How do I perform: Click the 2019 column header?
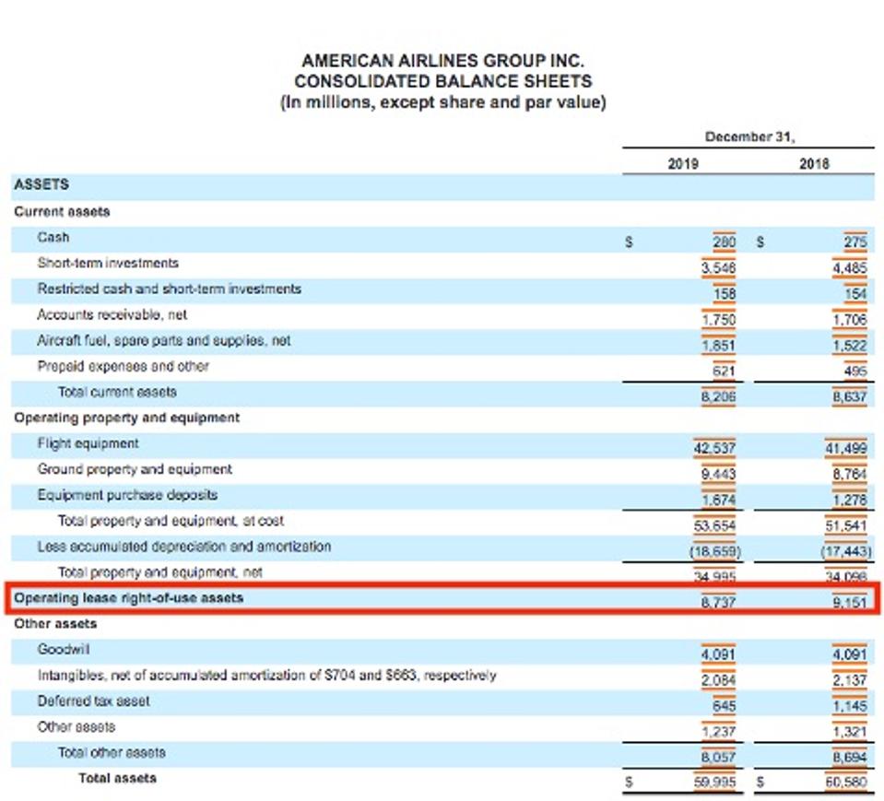pyautogui.click(x=682, y=163)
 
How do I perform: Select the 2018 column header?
pyautogui.click(x=814, y=163)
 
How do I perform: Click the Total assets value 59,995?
pyautogui.click(x=717, y=779)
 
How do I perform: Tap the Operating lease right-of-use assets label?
pyautogui.click(x=128, y=597)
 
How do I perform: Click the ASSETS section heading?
pyautogui.click(x=41, y=184)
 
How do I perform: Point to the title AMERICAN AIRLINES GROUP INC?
pyautogui.click(x=442, y=62)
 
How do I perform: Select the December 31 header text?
pyautogui.click(x=748, y=136)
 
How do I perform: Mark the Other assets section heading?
pyautogui.click(x=54, y=623)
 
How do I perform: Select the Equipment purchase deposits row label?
pyautogui.click(x=127, y=494)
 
